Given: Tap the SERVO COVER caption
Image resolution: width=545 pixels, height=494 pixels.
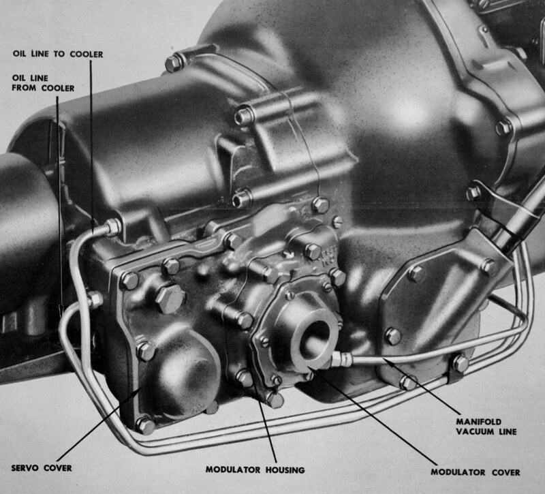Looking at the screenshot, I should [42, 468].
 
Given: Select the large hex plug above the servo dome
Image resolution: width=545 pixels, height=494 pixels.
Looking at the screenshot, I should [168, 298].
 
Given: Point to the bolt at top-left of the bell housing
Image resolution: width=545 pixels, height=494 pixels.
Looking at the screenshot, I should [174, 63].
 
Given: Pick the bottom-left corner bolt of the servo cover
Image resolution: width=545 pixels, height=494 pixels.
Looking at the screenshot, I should [145, 425].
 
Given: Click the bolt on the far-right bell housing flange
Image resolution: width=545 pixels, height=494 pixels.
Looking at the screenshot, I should [503, 127].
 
